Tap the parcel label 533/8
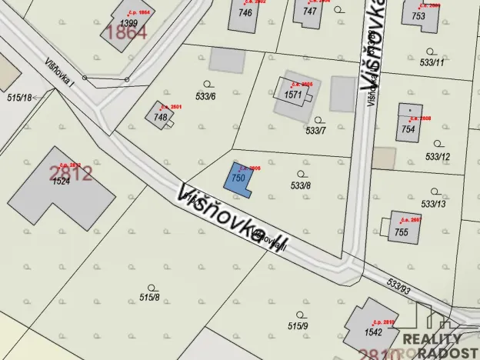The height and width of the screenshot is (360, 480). coord(301,185)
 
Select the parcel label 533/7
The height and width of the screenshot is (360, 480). coord(315,131)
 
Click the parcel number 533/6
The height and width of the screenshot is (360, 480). coord(205,96)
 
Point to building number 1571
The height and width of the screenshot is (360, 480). coord(294,95)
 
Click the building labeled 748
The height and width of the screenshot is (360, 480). coord(161,117)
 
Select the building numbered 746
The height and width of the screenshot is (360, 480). coord(245,13)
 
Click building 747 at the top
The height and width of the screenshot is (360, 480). coord(310,12)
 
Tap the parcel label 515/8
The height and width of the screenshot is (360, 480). coord(149,297)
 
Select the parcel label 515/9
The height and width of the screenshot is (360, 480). coord(298,326)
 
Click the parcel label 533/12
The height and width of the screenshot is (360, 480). coord(438,157)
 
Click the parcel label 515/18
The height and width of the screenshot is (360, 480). coord(19,98)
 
